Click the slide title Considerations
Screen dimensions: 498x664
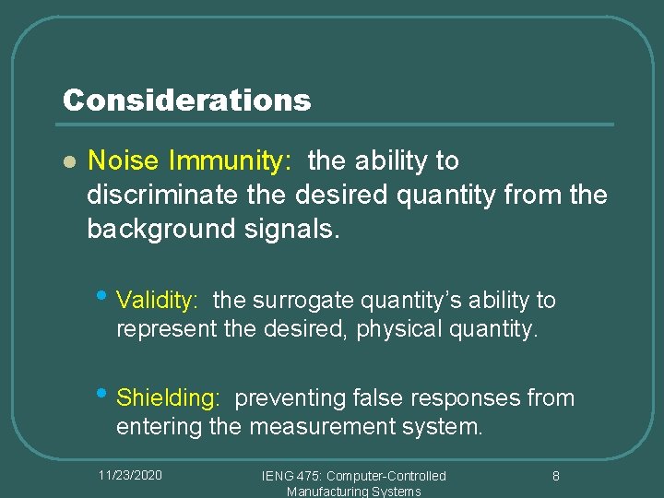pyautogui.click(x=186, y=100)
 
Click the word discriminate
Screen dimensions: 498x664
pyautogui.click(x=187, y=195)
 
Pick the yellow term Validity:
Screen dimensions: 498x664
pyautogui.click(x=158, y=301)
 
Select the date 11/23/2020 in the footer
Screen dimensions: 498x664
pyautogui.click(x=130, y=474)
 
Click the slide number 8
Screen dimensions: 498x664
pyautogui.click(x=556, y=476)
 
